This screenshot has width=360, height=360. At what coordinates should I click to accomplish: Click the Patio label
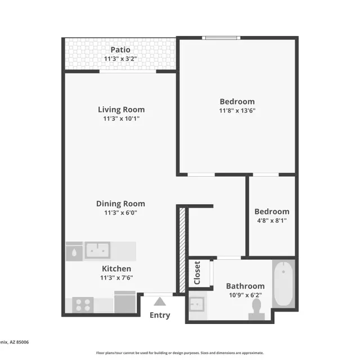click(x=121, y=50)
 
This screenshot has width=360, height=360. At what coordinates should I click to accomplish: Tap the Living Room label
click(x=121, y=110)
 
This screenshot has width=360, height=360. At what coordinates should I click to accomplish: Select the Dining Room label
click(x=120, y=204)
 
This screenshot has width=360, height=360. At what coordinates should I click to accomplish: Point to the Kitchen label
click(x=116, y=269)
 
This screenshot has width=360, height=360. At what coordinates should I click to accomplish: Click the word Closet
click(x=197, y=273)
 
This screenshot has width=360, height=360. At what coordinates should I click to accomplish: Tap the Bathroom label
click(x=245, y=286)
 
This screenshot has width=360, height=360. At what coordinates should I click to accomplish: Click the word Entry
click(x=160, y=315)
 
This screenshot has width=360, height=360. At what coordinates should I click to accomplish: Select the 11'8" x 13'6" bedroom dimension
click(x=237, y=111)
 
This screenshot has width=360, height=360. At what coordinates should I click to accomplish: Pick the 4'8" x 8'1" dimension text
click(x=272, y=221)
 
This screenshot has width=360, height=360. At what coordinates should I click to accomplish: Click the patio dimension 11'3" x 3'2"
click(x=121, y=59)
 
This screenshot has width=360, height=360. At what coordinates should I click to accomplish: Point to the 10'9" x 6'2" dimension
click(x=245, y=295)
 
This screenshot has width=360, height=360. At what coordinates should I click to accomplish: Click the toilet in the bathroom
click(x=256, y=308)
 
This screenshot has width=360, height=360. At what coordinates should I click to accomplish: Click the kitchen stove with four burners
click(x=83, y=305)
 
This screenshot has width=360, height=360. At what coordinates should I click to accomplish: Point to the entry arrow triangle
click(x=160, y=301)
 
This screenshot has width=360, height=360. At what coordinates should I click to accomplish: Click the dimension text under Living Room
click(x=121, y=119)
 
